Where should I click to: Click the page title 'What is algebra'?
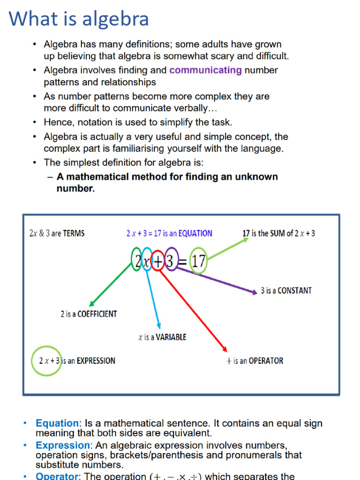click(79, 19)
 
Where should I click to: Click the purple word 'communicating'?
click(205, 70)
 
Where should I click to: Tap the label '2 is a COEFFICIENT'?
click(89, 314)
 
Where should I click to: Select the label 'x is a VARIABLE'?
click(162, 337)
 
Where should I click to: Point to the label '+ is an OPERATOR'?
click(255, 361)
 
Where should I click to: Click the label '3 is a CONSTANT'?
click(286, 291)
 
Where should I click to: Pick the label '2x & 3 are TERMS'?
click(57, 233)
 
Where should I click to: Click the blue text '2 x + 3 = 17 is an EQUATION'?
click(169, 233)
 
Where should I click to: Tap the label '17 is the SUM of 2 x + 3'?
click(278, 233)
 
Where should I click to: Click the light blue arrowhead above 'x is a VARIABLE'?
click(159, 326)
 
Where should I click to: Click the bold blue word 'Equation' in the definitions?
click(57, 423)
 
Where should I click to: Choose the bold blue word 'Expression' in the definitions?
click(62, 445)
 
